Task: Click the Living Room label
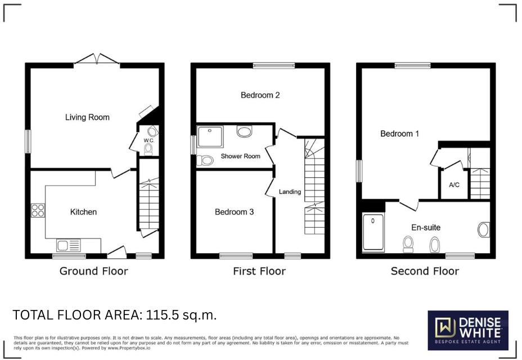pyautogui.click(x=87, y=118)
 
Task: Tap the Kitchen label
pyautogui.click(x=83, y=212)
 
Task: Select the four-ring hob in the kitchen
pyautogui.click(x=38, y=211)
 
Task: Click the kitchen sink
pyautogui.click(x=68, y=245)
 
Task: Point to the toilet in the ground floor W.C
pyautogui.click(x=148, y=149)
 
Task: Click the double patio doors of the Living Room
pyautogui.click(x=97, y=59)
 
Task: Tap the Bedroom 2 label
pyautogui.click(x=260, y=95)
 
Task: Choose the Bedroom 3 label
pyautogui.click(x=234, y=212)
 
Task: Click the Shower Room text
pyautogui.click(x=240, y=156)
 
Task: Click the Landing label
pyautogui.click(x=290, y=192)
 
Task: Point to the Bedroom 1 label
pyautogui.click(x=399, y=134)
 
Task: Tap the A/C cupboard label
pyautogui.click(x=454, y=184)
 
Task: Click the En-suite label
pyautogui.click(x=426, y=228)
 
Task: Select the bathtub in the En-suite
pyautogui.click(x=373, y=232)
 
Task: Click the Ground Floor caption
pyautogui.click(x=94, y=271)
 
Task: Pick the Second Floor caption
pyautogui.click(x=425, y=271)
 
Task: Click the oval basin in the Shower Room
pyautogui.click(x=245, y=132)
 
